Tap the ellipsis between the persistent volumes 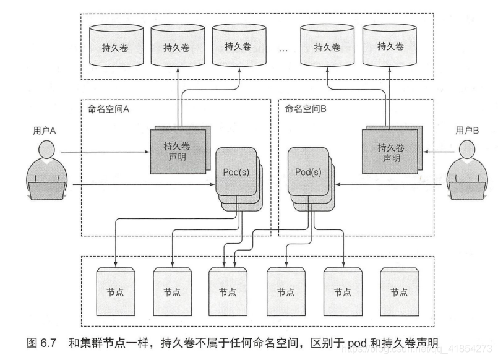pyautogui.click(x=284, y=50)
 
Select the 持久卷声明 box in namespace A pyautogui.click(x=176, y=151)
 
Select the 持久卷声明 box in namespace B pyautogui.click(x=390, y=151)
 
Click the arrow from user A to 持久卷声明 pyautogui.click(x=105, y=152)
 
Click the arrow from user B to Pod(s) pyautogui.click(x=396, y=184)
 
